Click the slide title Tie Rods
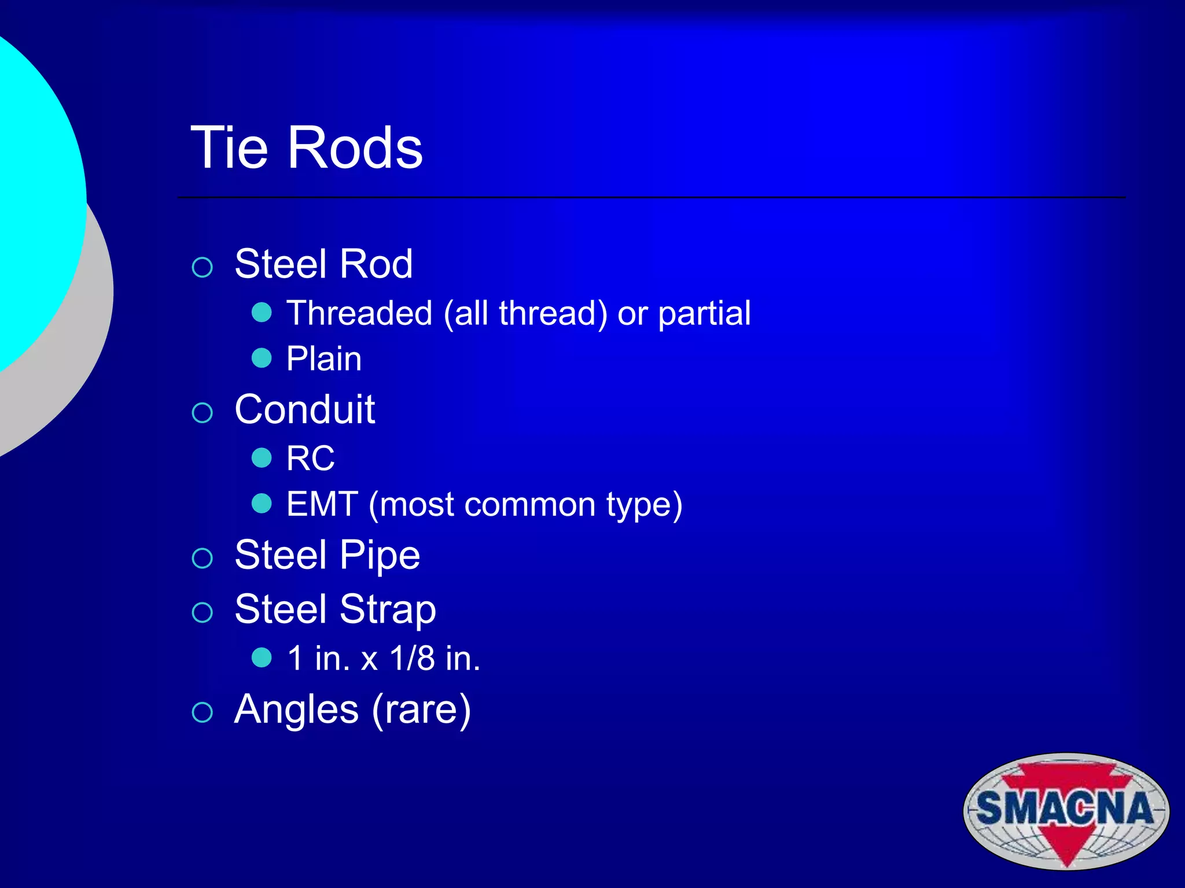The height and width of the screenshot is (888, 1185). point(307,148)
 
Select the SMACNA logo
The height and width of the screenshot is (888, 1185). point(1066,811)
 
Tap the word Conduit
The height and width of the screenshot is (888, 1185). point(305,409)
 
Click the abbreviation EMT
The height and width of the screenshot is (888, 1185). point(322,504)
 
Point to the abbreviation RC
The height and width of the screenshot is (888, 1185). point(310,458)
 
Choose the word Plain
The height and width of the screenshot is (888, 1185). point(324,358)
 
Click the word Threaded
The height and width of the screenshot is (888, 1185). point(359,313)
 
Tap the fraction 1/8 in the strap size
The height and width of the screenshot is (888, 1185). point(412,658)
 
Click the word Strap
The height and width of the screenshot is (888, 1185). point(387,610)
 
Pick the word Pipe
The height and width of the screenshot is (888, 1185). point(380,556)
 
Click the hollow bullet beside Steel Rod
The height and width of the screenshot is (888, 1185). point(203,267)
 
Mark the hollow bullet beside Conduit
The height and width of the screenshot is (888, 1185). point(203,413)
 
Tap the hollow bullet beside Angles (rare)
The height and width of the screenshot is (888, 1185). point(203,712)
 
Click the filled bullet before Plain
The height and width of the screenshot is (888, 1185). point(262,358)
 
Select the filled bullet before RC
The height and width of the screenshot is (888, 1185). point(262,458)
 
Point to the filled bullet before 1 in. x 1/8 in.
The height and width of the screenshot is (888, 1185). point(262,657)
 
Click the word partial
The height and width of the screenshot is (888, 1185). point(704,313)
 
